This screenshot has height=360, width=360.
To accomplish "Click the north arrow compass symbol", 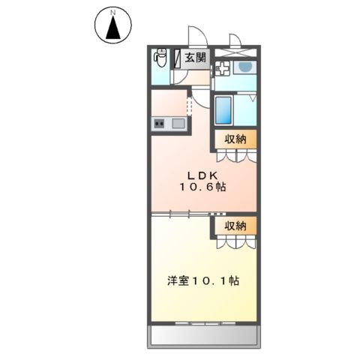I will pos(113,28).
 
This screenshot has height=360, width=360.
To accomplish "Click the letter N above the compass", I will pos(113,12).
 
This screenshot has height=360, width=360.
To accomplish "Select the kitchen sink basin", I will pos(178,123).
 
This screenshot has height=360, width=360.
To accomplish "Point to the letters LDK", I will pos(197,174).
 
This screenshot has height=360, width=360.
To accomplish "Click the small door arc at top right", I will pos(235,39).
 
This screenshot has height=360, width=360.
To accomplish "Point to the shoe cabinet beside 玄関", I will pos(178,57).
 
